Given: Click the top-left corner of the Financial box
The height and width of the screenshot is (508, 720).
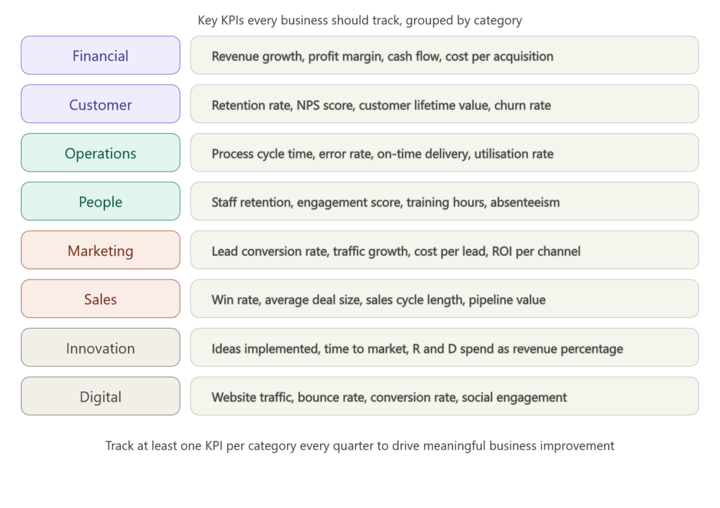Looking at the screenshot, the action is click(x=22, y=37).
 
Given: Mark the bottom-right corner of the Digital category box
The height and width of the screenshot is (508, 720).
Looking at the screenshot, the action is click(x=179, y=414).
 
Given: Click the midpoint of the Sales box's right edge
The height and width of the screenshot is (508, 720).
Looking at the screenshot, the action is click(x=180, y=298).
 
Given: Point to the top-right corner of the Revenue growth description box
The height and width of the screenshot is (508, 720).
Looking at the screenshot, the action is click(x=698, y=37).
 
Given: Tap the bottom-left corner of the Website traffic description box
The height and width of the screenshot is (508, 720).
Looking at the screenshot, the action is click(x=191, y=414).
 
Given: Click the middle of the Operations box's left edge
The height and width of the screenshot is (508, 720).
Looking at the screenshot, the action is click(x=21, y=153).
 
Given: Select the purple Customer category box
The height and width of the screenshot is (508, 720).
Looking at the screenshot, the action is click(x=101, y=104).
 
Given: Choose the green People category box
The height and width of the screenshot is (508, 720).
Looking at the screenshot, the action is click(x=101, y=201).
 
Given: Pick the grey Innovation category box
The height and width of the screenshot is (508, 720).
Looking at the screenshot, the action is click(x=101, y=348).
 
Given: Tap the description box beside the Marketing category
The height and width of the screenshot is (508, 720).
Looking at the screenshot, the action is click(x=444, y=250).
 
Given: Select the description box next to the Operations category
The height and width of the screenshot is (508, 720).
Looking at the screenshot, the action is click(x=444, y=153).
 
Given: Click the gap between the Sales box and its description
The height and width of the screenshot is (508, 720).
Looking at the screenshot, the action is click(x=186, y=298).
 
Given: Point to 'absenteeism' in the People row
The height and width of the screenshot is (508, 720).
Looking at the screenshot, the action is click(x=525, y=203).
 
